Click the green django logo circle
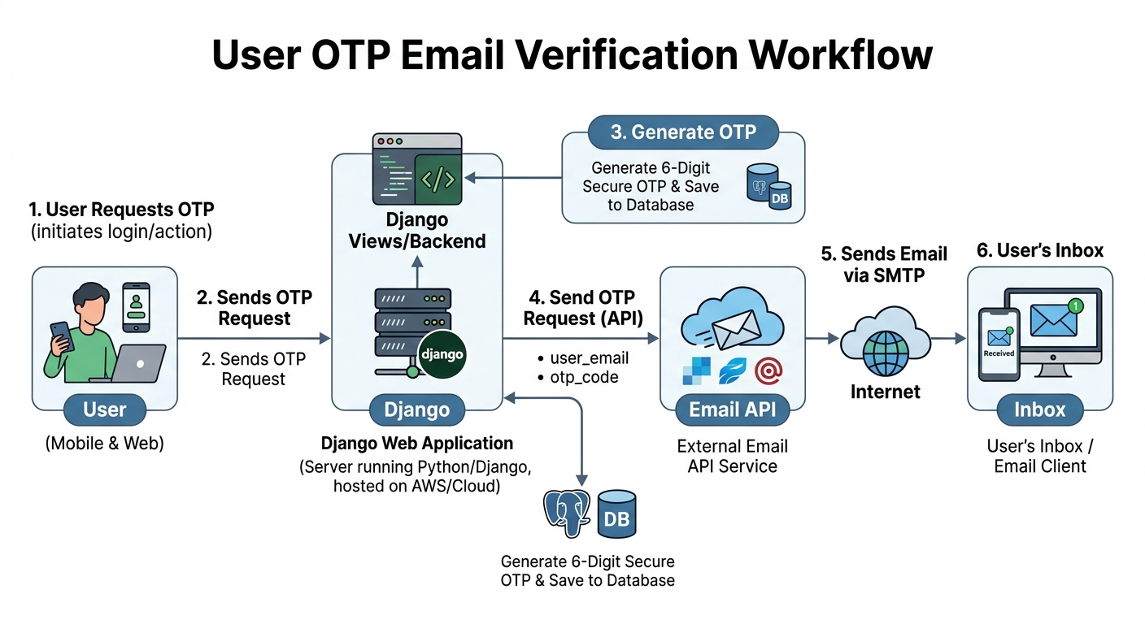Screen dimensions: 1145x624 442,354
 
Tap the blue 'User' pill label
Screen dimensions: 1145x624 105,409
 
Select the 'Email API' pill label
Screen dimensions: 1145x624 732,409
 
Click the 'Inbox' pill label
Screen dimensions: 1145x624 1040,409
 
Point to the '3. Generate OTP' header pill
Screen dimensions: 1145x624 683,132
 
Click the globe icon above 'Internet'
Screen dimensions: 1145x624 886,353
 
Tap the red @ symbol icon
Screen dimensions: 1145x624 768,370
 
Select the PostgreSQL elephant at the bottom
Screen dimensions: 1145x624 566,513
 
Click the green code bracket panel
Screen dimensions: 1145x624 438,180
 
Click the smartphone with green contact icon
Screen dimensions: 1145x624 137,307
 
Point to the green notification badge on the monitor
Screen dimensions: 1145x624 1076,305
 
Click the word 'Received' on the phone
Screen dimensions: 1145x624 999,353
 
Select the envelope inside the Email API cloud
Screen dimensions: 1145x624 736,329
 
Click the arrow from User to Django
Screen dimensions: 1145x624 254,338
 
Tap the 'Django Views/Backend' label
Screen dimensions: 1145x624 417,230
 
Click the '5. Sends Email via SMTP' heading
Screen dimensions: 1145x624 884,265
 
